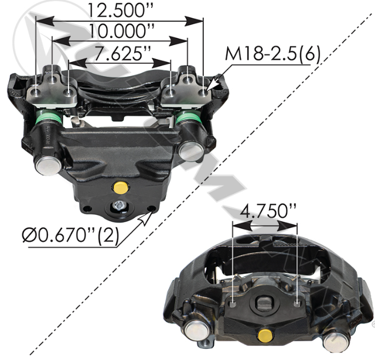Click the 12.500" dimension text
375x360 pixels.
pos(120,11)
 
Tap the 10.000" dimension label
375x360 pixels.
pos(121,31)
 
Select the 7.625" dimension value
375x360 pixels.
pos(122,53)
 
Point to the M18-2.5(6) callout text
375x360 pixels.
pos(272,54)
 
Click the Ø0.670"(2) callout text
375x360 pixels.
pos(70,235)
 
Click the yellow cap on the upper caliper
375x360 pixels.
pos(120,187)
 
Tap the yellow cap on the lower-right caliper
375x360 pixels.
pos(265,335)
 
